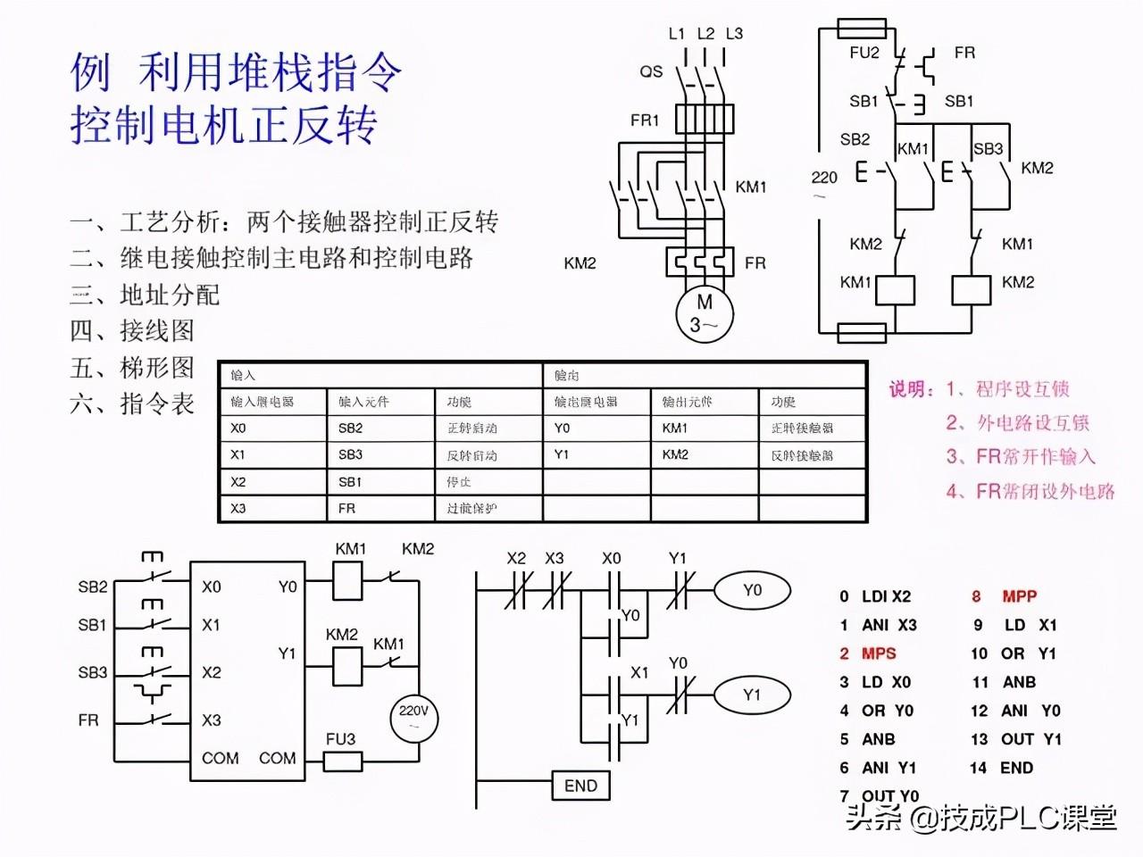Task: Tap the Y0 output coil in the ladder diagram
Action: click(x=752, y=590)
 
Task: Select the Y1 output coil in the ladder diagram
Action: click(x=752, y=695)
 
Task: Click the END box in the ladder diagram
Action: click(x=580, y=786)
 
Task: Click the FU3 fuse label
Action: click(x=340, y=739)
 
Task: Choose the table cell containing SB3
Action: click(x=350, y=454)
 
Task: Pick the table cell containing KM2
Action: click(x=675, y=454)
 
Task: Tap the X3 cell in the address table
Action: click(x=238, y=508)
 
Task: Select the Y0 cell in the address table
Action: click(x=562, y=428)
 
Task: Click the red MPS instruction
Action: click(x=878, y=653)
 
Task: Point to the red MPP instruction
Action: click(x=1019, y=596)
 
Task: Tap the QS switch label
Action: click(x=651, y=71)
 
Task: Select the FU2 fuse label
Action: click(x=864, y=53)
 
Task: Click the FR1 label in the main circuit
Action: click(x=644, y=120)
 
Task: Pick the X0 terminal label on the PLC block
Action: click(x=211, y=587)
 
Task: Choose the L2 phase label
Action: click(x=705, y=34)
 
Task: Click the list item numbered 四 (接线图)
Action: click(x=132, y=331)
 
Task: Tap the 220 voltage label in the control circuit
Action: click(x=824, y=177)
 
